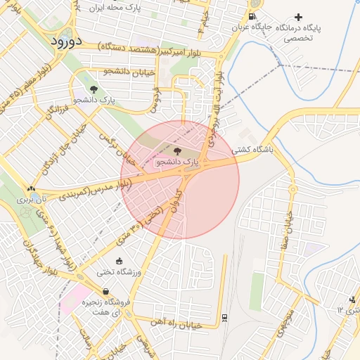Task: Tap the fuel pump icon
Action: pyautogui.click(x=252, y=17)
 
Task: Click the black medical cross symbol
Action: pyautogui.click(x=299, y=17)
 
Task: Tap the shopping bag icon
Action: pyautogui.click(x=105, y=292)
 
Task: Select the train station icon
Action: pyautogui.click(x=224, y=318)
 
